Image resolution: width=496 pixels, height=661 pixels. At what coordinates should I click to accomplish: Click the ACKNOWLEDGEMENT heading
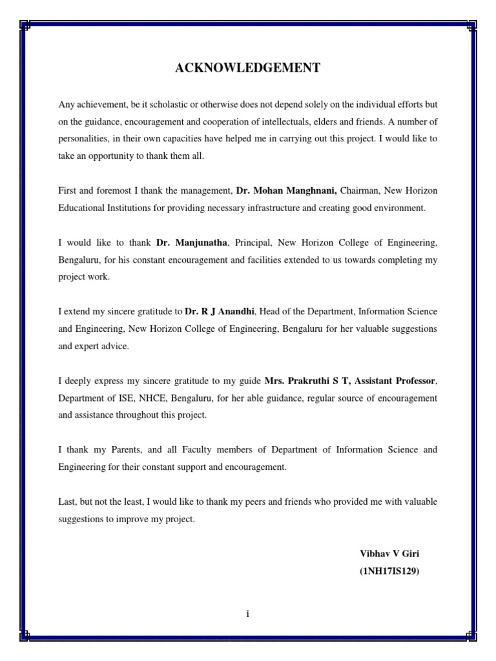pyautogui.click(x=247, y=68)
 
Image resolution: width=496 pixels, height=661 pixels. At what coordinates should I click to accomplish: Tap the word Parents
pyautogui.click(x=119, y=450)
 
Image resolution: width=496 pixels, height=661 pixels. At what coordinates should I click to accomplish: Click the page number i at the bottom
pyautogui.click(x=247, y=614)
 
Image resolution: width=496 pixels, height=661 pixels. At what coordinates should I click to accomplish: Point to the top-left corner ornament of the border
pyautogui.click(x=25, y=26)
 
